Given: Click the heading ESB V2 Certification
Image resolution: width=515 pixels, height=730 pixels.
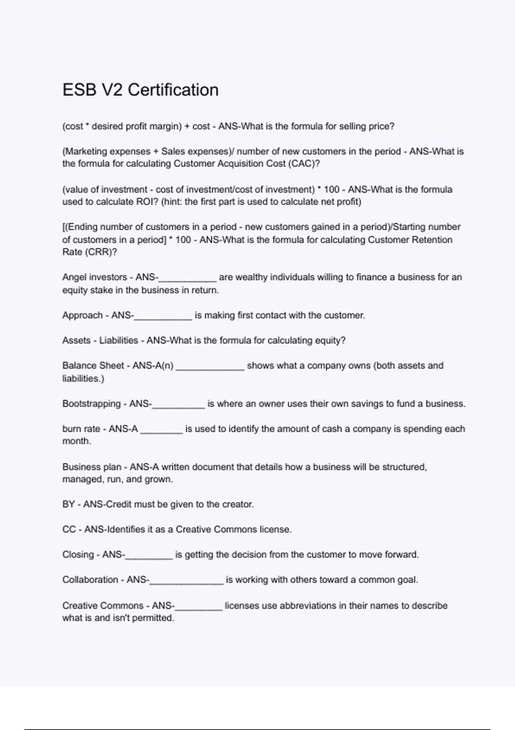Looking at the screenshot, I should point(140,90).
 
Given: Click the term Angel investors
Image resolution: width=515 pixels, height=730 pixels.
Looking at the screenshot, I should point(94,277).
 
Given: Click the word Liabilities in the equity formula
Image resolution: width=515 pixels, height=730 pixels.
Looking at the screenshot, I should point(118,341).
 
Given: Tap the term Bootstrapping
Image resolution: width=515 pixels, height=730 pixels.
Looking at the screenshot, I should point(91,404).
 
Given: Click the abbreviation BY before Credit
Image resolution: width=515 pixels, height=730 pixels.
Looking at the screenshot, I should point(68,504).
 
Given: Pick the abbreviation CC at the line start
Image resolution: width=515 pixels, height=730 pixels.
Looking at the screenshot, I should point(69,529).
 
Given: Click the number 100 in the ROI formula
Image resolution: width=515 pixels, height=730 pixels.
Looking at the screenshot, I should point(331,189).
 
